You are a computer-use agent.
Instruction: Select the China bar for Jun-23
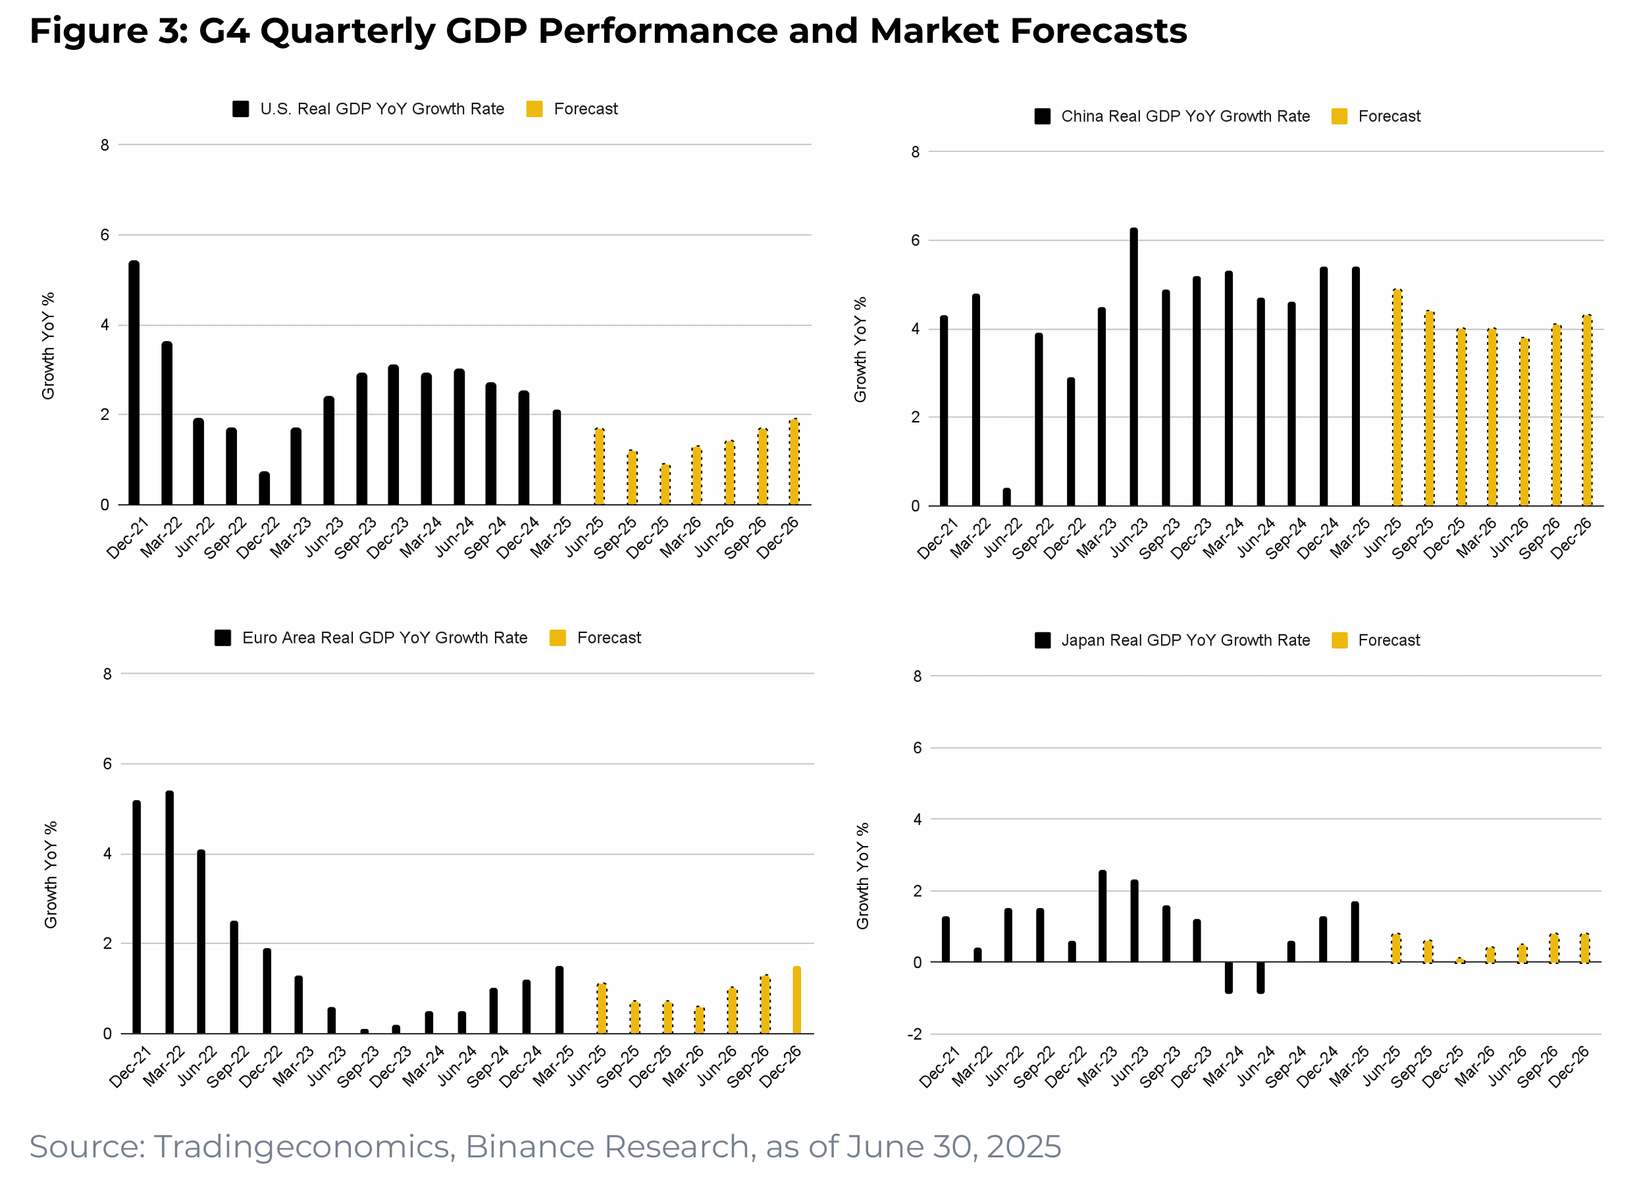[x=1133, y=368]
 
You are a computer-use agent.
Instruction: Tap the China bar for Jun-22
[x=1006, y=497]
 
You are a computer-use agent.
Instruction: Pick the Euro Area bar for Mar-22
[x=169, y=913]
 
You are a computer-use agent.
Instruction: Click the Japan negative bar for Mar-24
[x=1228, y=977]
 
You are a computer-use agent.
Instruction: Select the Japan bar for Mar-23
[x=1103, y=916]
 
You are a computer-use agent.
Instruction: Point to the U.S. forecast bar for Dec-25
[x=665, y=485]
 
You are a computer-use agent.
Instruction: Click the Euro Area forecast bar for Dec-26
[x=796, y=1001]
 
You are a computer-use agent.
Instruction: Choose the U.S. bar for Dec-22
[x=265, y=489]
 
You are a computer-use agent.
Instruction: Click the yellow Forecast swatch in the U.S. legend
[x=534, y=109]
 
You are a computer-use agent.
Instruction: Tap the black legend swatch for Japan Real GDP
[x=1042, y=640]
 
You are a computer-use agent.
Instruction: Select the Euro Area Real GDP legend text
[x=384, y=638]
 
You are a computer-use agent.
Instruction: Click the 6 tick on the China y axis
[x=916, y=241]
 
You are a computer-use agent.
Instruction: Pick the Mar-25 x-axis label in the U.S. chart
[x=552, y=537]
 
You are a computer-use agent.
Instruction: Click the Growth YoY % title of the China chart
[x=860, y=349]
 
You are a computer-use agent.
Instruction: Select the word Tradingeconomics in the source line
[x=303, y=1147]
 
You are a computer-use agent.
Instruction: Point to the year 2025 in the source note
[x=1023, y=1147]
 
